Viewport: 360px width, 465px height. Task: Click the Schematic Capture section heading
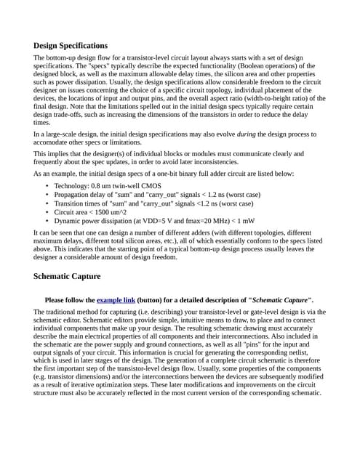click(x=67, y=277)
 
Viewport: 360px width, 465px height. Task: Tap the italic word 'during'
click(x=248, y=134)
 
